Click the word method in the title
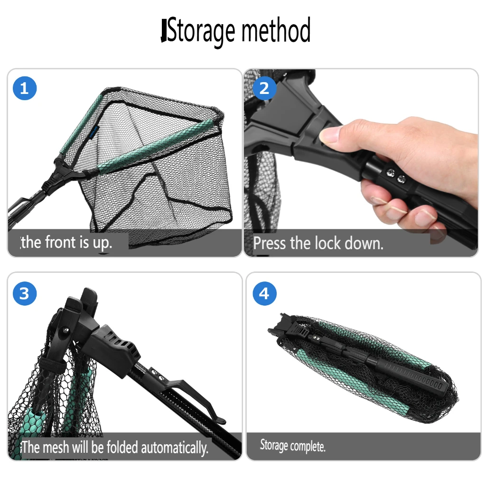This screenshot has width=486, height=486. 276,30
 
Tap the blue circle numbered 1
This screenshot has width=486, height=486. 25,88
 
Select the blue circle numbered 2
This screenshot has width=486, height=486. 264,88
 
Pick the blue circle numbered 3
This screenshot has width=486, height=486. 25,293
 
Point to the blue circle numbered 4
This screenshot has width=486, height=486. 264,293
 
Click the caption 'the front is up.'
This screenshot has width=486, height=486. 66,243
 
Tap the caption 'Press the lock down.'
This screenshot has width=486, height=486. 318,243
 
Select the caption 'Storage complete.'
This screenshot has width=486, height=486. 292,446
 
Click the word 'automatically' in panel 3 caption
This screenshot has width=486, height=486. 175,448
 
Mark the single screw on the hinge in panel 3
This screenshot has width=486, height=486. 65,330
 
